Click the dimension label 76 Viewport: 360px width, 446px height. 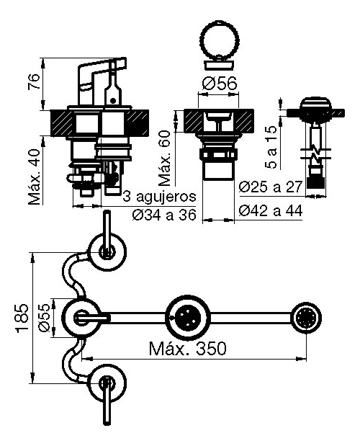(x=34, y=82)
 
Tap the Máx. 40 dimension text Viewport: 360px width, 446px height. (x=35, y=177)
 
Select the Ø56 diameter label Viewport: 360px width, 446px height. (x=220, y=84)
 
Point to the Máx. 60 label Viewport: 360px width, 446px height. (x=165, y=158)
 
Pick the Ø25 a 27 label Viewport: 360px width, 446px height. (x=270, y=187)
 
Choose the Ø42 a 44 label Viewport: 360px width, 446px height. (x=271, y=211)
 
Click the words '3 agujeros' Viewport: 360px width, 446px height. (x=159, y=197)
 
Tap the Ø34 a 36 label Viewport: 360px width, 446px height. (x=164, y=215)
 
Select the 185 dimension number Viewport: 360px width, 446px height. (x=22, y=318)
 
